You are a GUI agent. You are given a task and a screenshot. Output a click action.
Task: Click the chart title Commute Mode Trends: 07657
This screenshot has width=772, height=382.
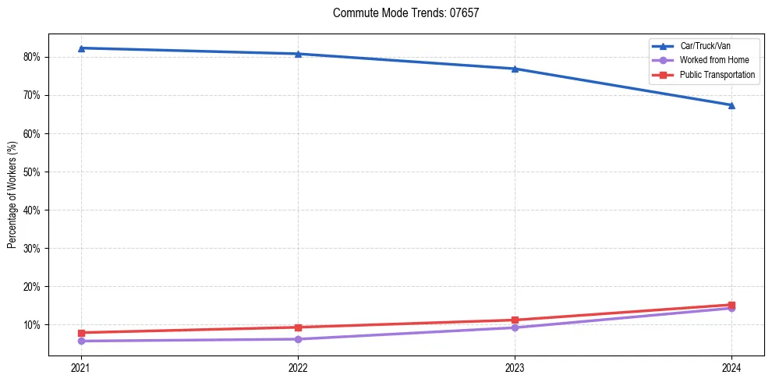(x=400, y=13)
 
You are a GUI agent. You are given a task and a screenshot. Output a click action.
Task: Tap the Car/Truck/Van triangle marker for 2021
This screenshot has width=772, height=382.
(x=81, y=48)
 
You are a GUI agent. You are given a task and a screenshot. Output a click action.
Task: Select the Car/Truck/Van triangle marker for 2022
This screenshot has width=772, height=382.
(x=298, y=54)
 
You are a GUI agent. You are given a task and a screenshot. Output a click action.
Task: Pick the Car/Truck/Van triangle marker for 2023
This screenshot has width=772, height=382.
(x=515, y=69)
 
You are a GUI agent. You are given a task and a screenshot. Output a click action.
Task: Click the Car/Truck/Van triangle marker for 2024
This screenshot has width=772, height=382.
(x=731, y=104)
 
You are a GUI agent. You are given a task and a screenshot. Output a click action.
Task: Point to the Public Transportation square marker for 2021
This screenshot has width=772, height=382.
(x=81, y=333)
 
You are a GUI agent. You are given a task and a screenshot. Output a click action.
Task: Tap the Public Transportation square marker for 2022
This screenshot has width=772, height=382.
(x=298, y=327)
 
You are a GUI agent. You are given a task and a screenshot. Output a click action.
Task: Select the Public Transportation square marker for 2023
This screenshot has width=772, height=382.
(x=515, y=320)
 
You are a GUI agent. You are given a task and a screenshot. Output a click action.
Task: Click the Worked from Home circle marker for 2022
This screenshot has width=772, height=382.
(x=298, y=339)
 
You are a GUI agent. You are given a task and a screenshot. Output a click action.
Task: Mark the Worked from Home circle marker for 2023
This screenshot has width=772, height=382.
(x=515, y=327)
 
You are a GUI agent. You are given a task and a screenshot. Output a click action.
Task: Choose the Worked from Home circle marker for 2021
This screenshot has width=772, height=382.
(x=81, y=341)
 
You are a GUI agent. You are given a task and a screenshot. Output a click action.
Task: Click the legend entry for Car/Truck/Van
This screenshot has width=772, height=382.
(x=703, y=47)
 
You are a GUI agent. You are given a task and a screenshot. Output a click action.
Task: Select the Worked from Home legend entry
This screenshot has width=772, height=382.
(x=709, y=61)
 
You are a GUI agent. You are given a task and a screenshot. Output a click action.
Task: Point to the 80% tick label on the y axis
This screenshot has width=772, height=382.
(x=34, y=57)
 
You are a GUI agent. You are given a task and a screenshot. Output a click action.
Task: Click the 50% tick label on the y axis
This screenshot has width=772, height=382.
(x=34, y=172)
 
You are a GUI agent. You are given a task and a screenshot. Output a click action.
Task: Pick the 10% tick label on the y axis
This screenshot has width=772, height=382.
(x=34, y=324)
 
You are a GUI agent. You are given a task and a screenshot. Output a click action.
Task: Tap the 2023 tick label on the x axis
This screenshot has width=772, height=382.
(x=515, y=368)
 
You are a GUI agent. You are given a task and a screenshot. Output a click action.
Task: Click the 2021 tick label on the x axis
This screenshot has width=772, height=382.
(x=81, y=368)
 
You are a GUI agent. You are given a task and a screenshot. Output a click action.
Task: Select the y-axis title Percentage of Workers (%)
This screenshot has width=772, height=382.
(x=12, y=195)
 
